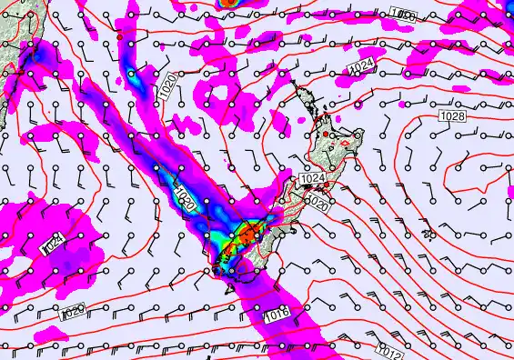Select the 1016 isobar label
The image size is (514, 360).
[x=277, y=315]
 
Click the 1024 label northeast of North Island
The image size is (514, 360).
[x=361, y=65]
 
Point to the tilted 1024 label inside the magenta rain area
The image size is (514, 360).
[x=54, y=243]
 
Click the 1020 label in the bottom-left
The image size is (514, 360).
[x=73, y=313]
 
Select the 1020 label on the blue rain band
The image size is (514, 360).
[x=183, y=199]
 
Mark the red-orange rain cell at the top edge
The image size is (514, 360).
[x=231, y=3]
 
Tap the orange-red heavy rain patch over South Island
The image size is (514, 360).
[x=247, y=237]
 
